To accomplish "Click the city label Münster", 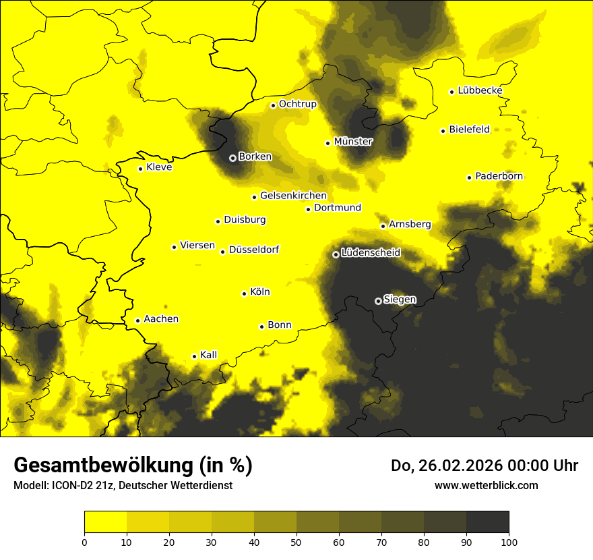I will click(x=353, y=142).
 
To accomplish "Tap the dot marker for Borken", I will click(x=232, y=158).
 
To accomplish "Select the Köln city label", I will click(x=259, y=292).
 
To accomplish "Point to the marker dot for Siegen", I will click(x=378, y=301).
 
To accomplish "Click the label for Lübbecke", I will click(x=480, y=90).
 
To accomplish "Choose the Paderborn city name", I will click(x=499, y=176).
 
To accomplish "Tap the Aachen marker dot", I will click(x=137, y=320).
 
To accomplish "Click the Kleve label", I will click(x=159, y=167).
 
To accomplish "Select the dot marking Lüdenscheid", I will click(x=336, y=254).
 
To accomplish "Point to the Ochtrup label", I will click(x=297, y=104).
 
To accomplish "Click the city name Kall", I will click(x=208, y=355).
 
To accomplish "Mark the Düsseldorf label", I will click(x=253, y=250).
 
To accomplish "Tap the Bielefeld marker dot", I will click(x=443, y=131).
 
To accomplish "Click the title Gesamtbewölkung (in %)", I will click(x=133, y=466).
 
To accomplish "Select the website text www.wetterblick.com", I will click(x=486, y=485).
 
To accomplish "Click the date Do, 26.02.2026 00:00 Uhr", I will click(x=484, y=466).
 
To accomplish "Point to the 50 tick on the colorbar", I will click(x=296, y=541).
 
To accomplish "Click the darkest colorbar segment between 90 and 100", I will click(x=487, y=522).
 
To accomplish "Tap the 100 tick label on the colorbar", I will click(x=509, y=541).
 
